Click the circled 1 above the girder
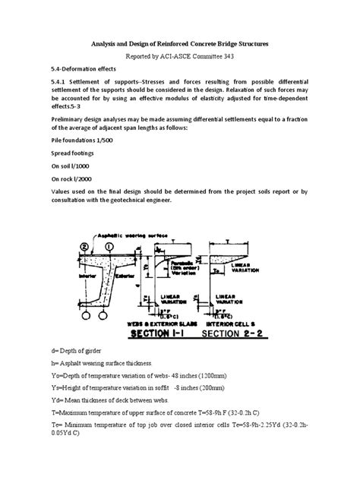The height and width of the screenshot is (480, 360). pos(110,246)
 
